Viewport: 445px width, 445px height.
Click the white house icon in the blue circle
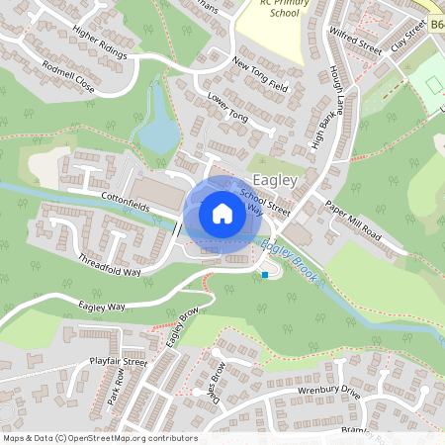[222, 213]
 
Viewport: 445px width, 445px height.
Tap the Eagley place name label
[275, 180]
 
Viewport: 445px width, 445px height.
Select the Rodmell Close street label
[69, 76]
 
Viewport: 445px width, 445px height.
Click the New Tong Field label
[259, 75]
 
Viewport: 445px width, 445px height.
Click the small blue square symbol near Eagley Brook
[265, 274]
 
